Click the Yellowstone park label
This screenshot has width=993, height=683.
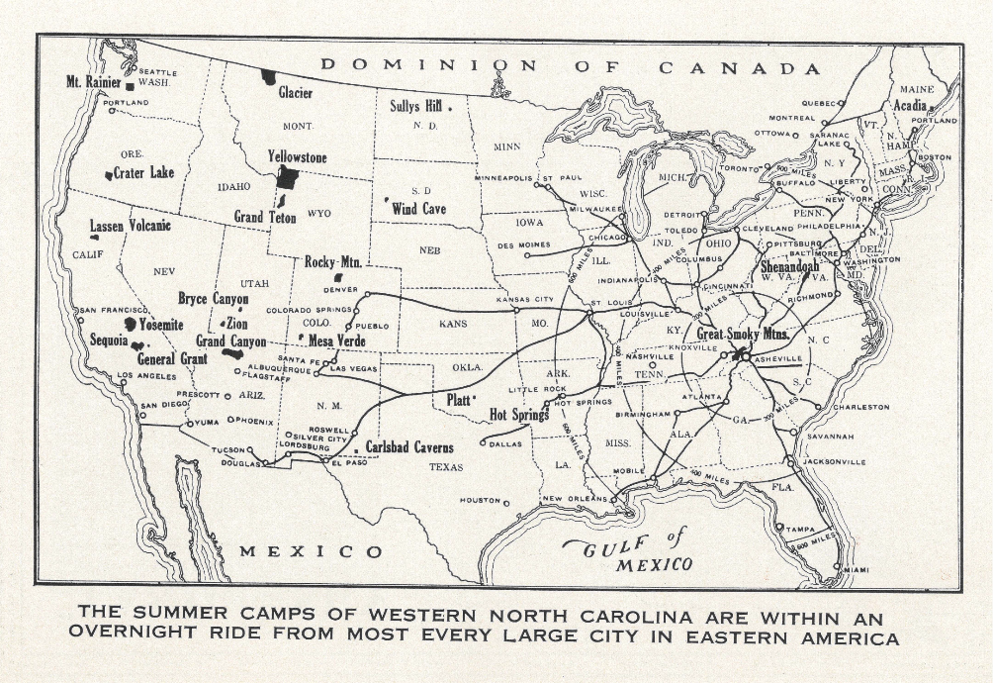[297, 157]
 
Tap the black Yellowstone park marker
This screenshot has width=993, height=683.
[287, 178]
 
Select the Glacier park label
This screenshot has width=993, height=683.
[295, 93]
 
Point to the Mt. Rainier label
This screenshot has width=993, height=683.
[93, 81]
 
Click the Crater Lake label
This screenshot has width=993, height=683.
[143, 173]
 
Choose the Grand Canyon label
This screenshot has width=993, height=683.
[230, 341]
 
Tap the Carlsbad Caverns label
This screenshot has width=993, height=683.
[409, 447]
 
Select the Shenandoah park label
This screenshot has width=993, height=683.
[795, 266]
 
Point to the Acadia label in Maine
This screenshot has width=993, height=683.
[910, 105]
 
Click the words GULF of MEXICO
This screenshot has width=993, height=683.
[629, 550]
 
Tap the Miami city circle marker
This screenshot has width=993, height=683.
[837, 567]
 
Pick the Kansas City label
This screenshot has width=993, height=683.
[525, 299]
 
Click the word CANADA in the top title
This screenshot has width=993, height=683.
[740, 68]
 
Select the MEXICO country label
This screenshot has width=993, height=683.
[311, 551]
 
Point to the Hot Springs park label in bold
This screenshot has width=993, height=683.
[519, 415]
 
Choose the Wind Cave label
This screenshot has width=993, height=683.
[418, 209]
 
